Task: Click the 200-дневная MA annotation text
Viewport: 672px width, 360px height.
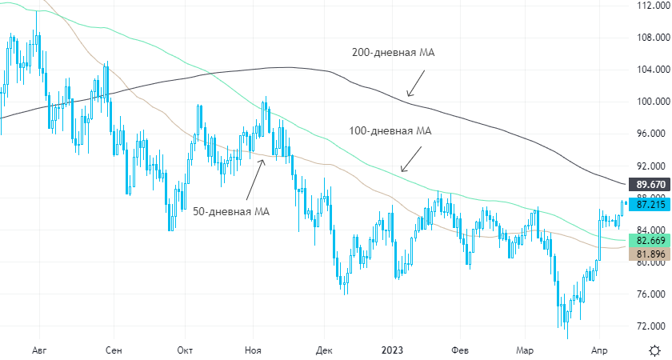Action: tap(392, 53)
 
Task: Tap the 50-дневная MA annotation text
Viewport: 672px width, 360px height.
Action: tap(231, 212)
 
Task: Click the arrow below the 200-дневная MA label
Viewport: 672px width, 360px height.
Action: tap(416, 82)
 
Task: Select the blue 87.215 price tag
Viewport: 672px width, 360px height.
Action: tap(649, 205)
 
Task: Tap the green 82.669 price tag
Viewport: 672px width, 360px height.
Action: tap(649, 241)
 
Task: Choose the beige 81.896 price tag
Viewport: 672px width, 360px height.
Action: tap(649, 255)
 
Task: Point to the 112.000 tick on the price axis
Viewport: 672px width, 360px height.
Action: tap(649, 6)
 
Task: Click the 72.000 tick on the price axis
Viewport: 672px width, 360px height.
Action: tap(649, 326)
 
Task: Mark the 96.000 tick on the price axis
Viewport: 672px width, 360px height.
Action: tap(649, 134)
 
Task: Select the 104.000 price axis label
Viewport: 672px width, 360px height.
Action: tap(649, 70)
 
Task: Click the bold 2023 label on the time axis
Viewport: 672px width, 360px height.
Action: tap(392, 350)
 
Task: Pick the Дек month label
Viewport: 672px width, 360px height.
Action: tap(324, 350)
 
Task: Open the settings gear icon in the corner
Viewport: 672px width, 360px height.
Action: tap(654, 350)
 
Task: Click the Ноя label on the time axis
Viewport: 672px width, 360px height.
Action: tap(253, 350)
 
